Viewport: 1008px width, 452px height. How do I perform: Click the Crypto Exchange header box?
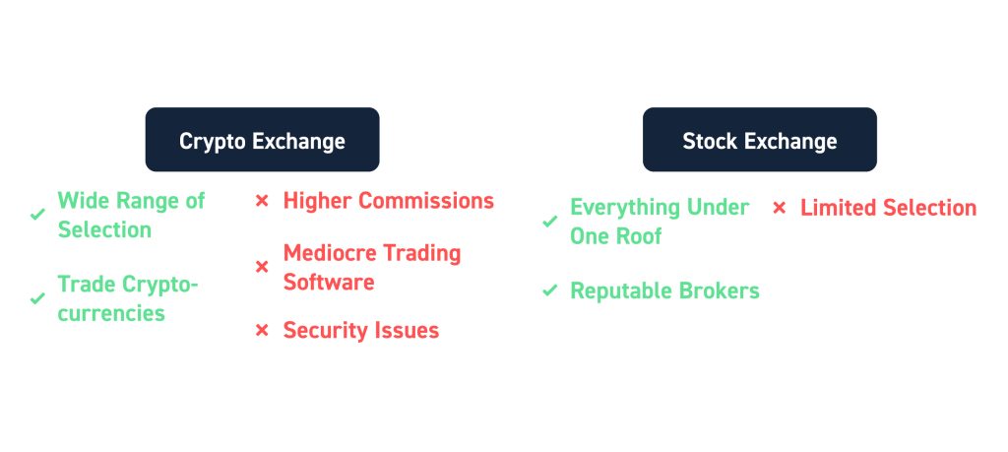tap(262, 140)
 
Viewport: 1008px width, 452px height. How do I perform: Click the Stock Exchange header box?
tap(760, 140)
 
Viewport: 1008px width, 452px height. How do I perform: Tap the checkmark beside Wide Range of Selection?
tap(38, 214)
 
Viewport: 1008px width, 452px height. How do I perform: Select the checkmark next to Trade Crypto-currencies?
tap(38, 298)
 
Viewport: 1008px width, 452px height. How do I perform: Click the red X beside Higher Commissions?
tap(262, 201)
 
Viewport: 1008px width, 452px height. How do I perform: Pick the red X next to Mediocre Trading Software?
tap(262, 267)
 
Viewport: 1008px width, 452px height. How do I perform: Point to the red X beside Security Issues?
tap(262, 331)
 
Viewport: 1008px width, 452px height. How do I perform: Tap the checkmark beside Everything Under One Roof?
tap(549, 222)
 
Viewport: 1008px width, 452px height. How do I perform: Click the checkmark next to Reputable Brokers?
tap(549, 291)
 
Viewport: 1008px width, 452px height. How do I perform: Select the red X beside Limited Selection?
tap(780, 208)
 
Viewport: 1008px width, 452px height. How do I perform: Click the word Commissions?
tap(425, 201)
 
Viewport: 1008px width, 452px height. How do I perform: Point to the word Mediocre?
tap(328, 253)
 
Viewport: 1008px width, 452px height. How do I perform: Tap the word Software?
tap(329, 282)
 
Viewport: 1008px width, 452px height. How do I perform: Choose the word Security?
tap(323, 331)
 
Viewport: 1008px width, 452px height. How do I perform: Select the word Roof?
tap(640, 236)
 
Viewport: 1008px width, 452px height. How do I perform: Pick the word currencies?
tap(111, 313)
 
